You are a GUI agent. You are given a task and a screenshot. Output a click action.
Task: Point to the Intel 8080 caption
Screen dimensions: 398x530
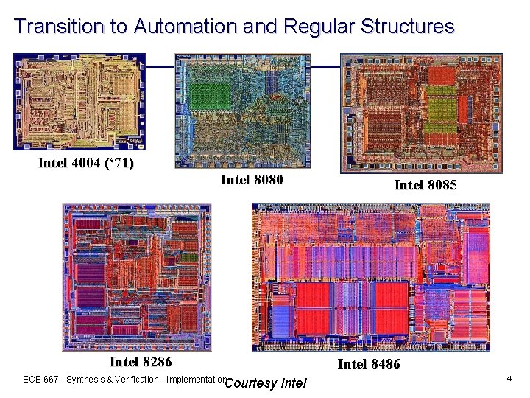click(252, 179)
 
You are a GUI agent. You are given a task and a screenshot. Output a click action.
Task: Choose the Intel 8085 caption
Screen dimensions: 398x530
click(425, 185)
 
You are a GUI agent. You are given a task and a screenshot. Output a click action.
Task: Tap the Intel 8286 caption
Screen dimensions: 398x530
click(141, 361)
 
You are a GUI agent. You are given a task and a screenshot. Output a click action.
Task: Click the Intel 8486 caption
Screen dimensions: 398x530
click(369, 363)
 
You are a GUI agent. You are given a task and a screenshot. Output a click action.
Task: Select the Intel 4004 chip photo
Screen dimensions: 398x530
click(79, 102)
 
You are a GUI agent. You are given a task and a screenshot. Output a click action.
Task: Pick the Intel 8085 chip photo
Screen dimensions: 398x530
click(421, 113)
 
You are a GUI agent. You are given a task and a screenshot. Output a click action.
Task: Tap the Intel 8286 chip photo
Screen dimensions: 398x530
click(136, 276)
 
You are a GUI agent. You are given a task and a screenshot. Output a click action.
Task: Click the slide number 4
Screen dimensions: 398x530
click(509, 378)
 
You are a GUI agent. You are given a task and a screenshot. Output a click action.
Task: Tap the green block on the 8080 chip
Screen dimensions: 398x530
click(211, 97)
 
